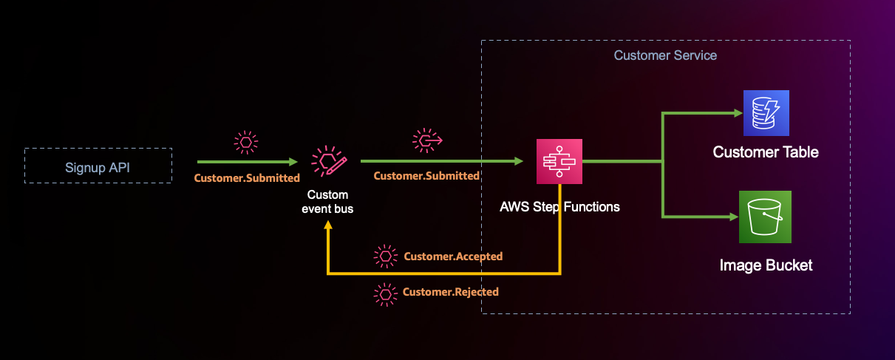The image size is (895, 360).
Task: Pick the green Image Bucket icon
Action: (765, 217)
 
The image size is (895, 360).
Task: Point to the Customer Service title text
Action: (665, 55)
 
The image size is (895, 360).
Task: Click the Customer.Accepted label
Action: (453, 257)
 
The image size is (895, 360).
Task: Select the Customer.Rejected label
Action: (451, 292)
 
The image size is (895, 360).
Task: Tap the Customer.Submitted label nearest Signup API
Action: (247, 178)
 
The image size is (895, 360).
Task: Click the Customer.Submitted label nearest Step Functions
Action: (426, 176)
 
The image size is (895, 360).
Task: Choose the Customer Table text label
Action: (766, 152)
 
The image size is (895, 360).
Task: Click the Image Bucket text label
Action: (766, 265)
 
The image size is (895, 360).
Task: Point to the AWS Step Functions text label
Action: (559, 206)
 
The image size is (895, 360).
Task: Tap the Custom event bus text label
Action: (327, 202)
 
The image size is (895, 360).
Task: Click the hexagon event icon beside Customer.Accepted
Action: (385, 257)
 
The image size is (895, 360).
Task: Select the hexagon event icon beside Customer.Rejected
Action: (385, 293)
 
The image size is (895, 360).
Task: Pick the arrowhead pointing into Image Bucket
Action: (735, 217)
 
